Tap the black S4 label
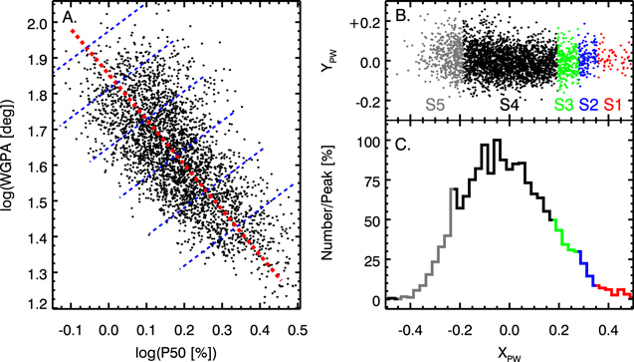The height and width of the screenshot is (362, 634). (x=509, y=103)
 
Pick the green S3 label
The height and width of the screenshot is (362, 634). (x=563, y=103)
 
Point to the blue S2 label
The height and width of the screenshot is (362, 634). (x=588, y=103)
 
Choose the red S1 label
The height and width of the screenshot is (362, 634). (x=613, y=103)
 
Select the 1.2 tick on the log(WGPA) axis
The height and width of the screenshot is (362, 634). (x=39, y=301)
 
